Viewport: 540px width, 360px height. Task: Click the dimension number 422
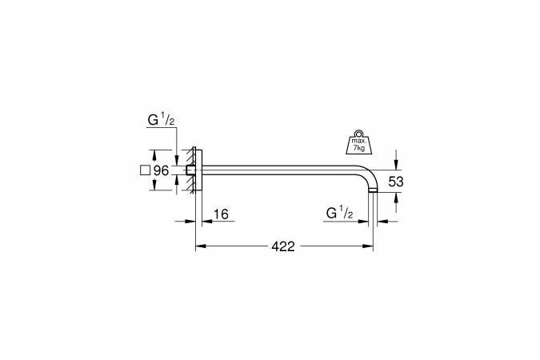[283, 246]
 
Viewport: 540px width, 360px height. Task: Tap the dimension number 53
[396, 182]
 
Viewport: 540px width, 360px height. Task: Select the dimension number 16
[221, 214]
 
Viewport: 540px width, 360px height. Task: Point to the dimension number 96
[161, 170]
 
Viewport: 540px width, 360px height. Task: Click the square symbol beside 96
[146, 170]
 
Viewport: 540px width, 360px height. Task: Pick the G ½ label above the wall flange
[161, 120]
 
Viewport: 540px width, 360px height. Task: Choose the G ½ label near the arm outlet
[339, 214]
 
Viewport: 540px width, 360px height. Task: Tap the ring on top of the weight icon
[359, 133]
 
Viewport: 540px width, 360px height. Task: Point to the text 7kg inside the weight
[359, 148]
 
